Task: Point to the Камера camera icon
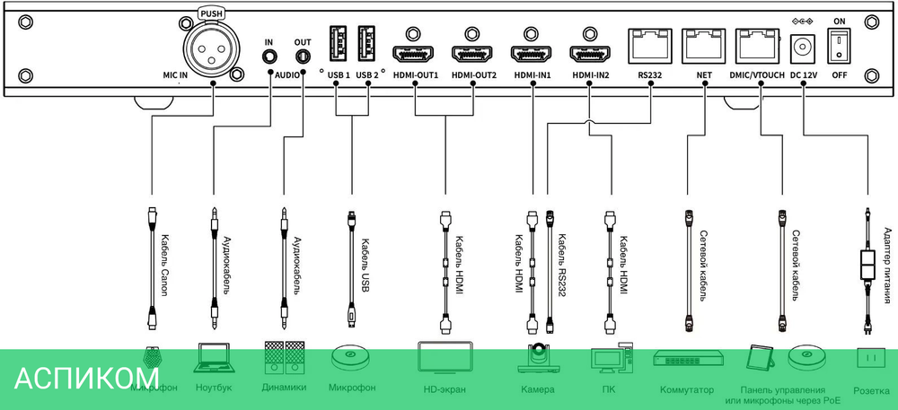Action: click(x=538, y=359)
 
